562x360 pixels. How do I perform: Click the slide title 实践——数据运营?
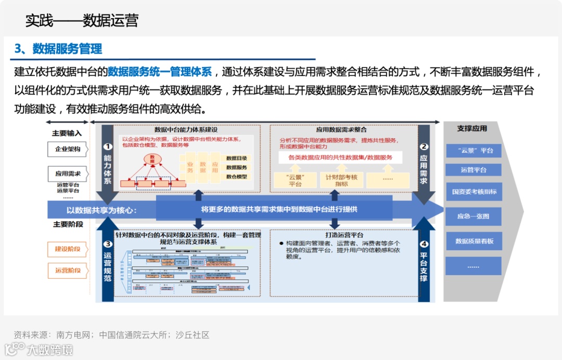82,20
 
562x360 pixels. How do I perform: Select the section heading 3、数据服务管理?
58,49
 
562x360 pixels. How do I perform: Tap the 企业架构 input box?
68,149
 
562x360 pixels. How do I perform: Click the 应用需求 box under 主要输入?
68,174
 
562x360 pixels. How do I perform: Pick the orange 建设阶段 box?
68,249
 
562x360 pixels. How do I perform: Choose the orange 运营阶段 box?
68,271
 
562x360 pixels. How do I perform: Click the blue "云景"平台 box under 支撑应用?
473,150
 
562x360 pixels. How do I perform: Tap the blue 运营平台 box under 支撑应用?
473,170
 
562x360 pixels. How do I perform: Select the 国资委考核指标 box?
473,192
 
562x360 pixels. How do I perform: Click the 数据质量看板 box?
473,241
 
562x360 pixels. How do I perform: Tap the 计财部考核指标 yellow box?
341,180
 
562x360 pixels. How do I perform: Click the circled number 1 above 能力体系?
108,147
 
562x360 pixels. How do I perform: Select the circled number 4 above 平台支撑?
424,244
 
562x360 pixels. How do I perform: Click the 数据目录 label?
237,158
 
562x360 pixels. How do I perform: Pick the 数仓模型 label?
237,177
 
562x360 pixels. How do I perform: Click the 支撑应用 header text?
472,128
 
